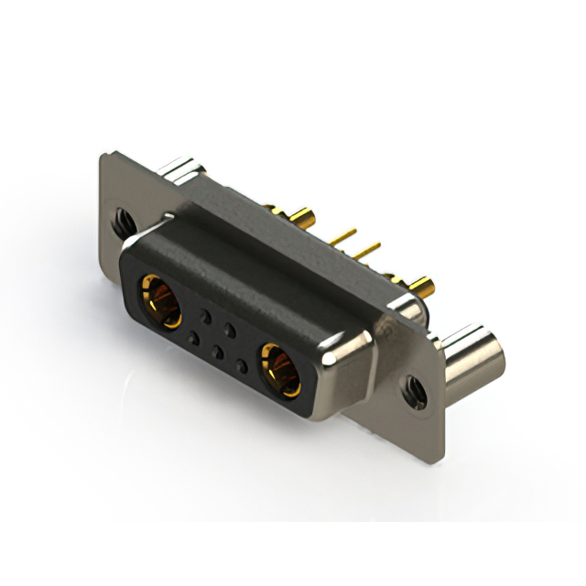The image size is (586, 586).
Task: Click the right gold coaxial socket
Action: pyautogui.click(x=279, y=370)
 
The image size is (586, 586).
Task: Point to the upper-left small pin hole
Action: pyautogui.click(x=207, y=317)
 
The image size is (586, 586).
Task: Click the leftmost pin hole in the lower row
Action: pyautogui.click(x=193, y=339)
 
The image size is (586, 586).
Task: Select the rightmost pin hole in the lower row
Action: pyautogui.click(x=241, y=366)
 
